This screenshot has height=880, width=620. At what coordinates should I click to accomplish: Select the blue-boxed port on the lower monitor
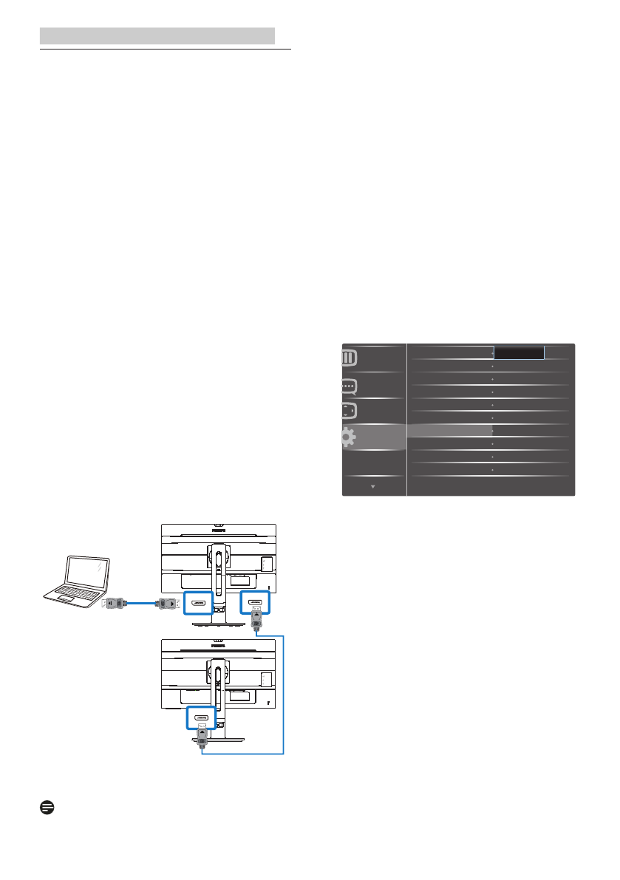[200, 717]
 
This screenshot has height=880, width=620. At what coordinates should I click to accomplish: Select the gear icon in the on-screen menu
[348, 437]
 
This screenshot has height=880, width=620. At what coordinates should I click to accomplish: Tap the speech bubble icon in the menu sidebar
[348, 386]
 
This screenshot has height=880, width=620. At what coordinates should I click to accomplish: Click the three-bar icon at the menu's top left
[348, 358]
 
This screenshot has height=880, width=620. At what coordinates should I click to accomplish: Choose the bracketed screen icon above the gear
[348, 411]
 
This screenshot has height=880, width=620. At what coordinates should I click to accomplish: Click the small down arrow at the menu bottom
[373, 487]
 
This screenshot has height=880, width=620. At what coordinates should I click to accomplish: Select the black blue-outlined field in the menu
[519, 353]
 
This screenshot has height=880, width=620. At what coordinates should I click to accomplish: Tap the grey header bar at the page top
[157, 35]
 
